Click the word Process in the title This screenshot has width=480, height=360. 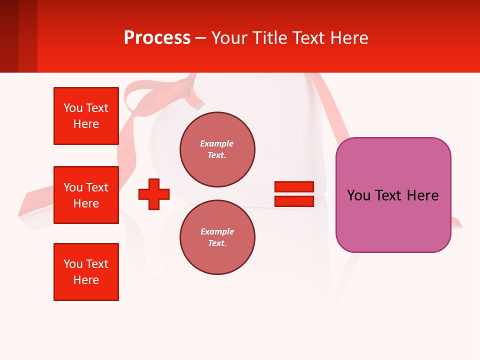157,38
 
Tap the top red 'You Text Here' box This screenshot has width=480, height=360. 86,116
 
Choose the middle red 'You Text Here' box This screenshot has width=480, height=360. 86,195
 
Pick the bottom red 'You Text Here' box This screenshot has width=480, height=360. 86,272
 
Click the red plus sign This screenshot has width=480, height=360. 154,194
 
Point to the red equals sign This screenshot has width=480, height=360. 294,194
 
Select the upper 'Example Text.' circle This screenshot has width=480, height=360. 217,149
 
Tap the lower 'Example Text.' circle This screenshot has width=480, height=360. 217,237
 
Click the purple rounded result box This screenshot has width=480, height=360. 393,195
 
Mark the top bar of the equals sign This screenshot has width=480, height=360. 294,186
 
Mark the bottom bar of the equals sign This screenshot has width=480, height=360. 294,201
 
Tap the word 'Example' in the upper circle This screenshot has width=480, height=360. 216,143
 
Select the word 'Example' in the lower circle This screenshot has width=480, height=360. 216,231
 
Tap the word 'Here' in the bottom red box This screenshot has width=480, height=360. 86,280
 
